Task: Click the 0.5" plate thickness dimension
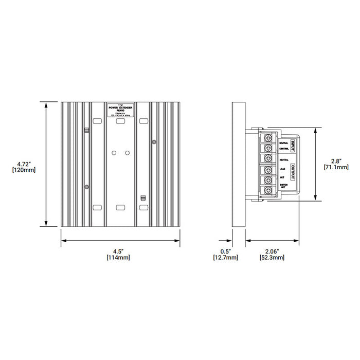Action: point(225,251)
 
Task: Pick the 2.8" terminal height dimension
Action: point(336,160)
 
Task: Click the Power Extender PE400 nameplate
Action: point(120,111)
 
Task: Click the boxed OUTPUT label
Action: point(292,172)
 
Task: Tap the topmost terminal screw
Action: point(268,138)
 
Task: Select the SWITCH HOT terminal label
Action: point(283,187)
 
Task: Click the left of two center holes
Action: point(114,152)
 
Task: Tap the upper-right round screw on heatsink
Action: point(153,141)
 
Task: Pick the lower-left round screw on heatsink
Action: point(87,186)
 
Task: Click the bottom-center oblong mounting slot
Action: point(121,207)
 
